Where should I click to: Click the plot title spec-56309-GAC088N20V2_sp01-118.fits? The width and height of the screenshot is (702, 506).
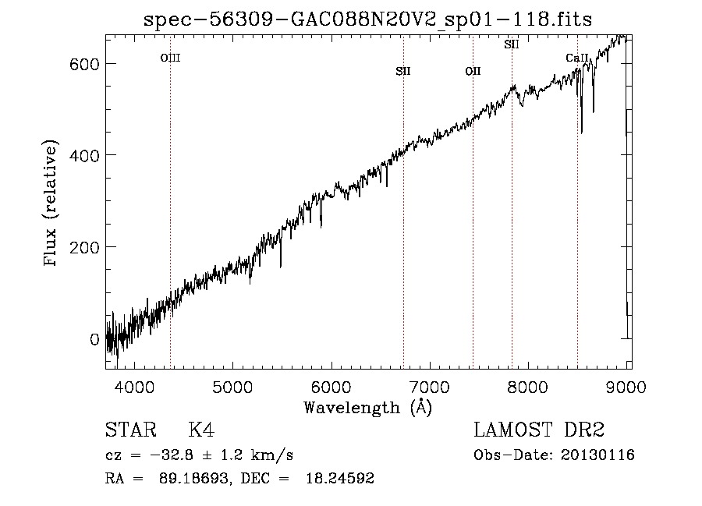pyautogui.click(x=367, y=19)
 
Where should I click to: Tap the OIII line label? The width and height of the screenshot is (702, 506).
pyautogui.click(x=170, y=58)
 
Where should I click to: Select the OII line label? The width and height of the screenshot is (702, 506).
pyautogui.click(x=473, y=71)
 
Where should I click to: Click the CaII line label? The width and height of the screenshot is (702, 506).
pyautogui.click(x=576, y=58)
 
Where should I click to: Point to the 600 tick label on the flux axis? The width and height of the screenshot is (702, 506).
pyautogui.click(x=84, y=64)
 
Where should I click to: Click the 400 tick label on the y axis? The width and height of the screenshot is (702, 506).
pyautogui.click(x=84, y=156)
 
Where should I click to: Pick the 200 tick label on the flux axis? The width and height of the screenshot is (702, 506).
pyautogui.click(x=84, y=247)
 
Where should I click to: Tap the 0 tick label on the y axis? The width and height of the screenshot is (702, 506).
pyautogui.click(x=94, y=339)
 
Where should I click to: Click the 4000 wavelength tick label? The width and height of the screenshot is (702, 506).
pyautogui.click(x=134, y=387)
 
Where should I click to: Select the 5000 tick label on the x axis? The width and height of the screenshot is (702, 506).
pyautogui.click(x=232, y=387)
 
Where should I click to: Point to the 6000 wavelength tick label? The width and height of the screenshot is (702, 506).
pyautogui.click(x=331, y=387)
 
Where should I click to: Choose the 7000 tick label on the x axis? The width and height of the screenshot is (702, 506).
pyautogui.click(x=430, y=387)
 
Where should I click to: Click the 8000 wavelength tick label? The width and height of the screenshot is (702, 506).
pyautogui.click(x=528, y=387)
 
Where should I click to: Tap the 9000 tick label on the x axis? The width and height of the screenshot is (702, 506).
pyautogui.click(x=626, y=387)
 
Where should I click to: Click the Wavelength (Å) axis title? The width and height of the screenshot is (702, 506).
pyautogui.click(x=368, y=408)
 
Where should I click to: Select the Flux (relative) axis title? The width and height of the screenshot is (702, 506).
pyautogui.click(x=50, y=203)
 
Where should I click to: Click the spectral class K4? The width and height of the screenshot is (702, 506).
pyautogui.click(x=201, y=430)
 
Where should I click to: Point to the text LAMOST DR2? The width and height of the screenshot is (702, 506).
pyautogui.click(x=539, y=430)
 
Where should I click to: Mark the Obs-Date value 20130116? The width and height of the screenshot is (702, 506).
pyautogui.click(x=597, y=455)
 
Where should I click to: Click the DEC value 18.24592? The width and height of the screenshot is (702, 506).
pyautogui.click(x=340, y=478)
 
